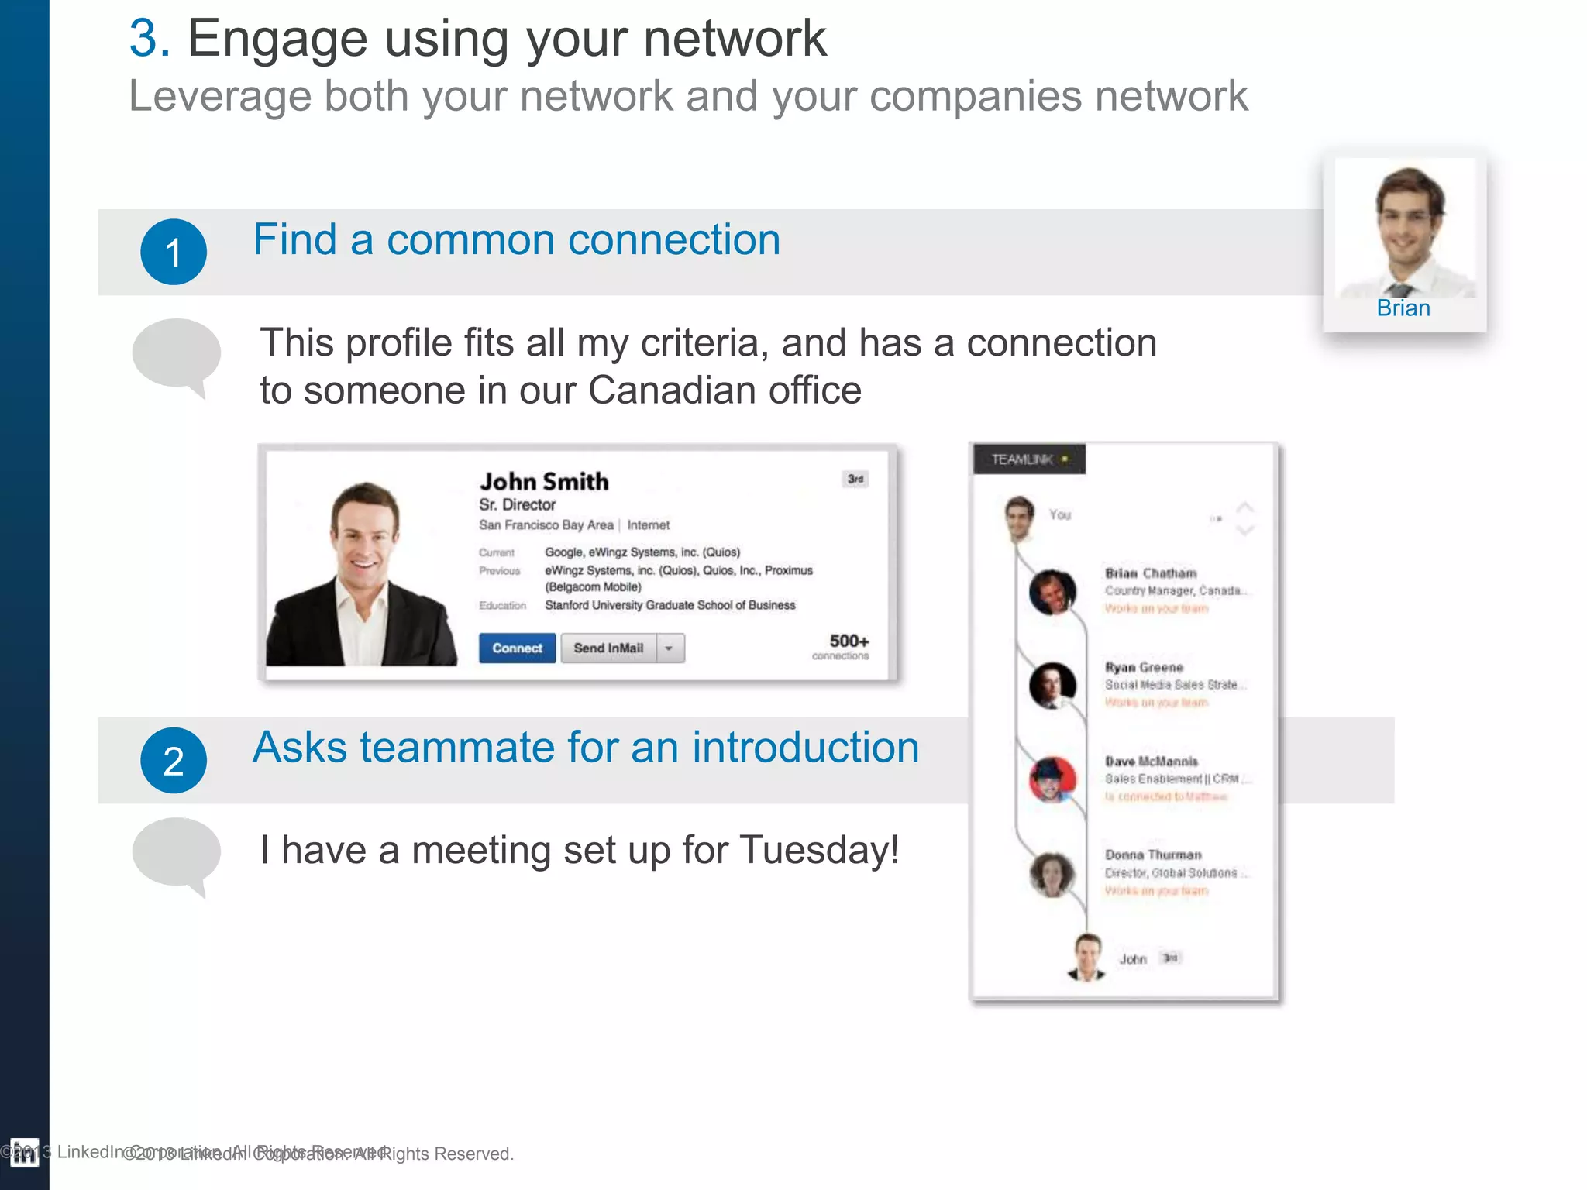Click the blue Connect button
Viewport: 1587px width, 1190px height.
pos(517,648)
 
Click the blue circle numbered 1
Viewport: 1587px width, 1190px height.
pos(174,252)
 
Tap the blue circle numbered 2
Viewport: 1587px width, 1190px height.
pos(174,760)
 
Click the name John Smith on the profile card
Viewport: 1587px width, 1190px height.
pos(544,481)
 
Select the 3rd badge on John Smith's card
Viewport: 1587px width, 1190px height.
pos(855,479)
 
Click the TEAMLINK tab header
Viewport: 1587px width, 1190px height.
pos(1028,459)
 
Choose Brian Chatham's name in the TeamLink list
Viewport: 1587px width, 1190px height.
pos(1150,573)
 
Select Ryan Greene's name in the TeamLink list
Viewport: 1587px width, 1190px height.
pos(1144,667)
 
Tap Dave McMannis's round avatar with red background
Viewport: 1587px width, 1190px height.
pos(1052,779)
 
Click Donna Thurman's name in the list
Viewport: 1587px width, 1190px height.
pos(1153,855)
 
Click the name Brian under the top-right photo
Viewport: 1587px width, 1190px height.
pos(1403,308)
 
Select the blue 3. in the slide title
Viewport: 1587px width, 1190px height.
pos(150,38)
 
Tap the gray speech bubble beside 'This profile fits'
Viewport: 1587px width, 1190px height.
pos(177,355)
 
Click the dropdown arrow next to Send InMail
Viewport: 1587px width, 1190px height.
pos(670,648)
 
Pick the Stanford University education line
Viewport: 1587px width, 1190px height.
pos(670,605)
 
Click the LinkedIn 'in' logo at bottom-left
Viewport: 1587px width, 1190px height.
pos(24,1153)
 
